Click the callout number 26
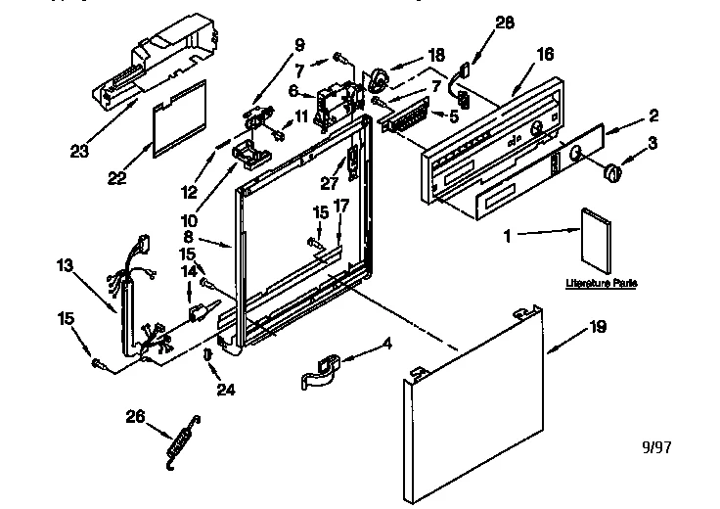tap(135, 417)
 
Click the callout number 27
tap(330, 181)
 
